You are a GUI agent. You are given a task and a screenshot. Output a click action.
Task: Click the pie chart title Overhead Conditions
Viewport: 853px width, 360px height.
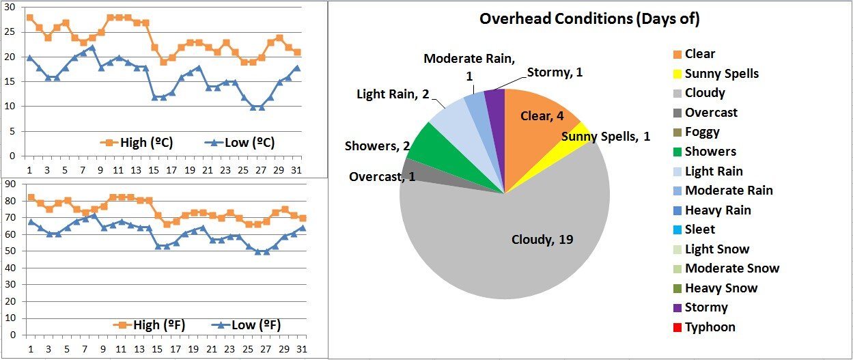point(589,18)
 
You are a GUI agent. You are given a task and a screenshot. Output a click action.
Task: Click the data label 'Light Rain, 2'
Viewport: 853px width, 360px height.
point(393,94)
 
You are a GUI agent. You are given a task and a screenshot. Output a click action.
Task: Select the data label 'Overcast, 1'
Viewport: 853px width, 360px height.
point(382,177)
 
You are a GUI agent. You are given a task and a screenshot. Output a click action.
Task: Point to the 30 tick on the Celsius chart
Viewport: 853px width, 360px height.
point(10,8)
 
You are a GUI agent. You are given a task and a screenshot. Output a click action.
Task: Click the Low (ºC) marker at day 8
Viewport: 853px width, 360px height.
point(92,47)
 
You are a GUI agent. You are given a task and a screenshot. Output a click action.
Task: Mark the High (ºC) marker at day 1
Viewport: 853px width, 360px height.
point(29,17)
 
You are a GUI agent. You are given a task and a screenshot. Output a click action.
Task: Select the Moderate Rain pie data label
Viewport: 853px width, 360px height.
point(469,66)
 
